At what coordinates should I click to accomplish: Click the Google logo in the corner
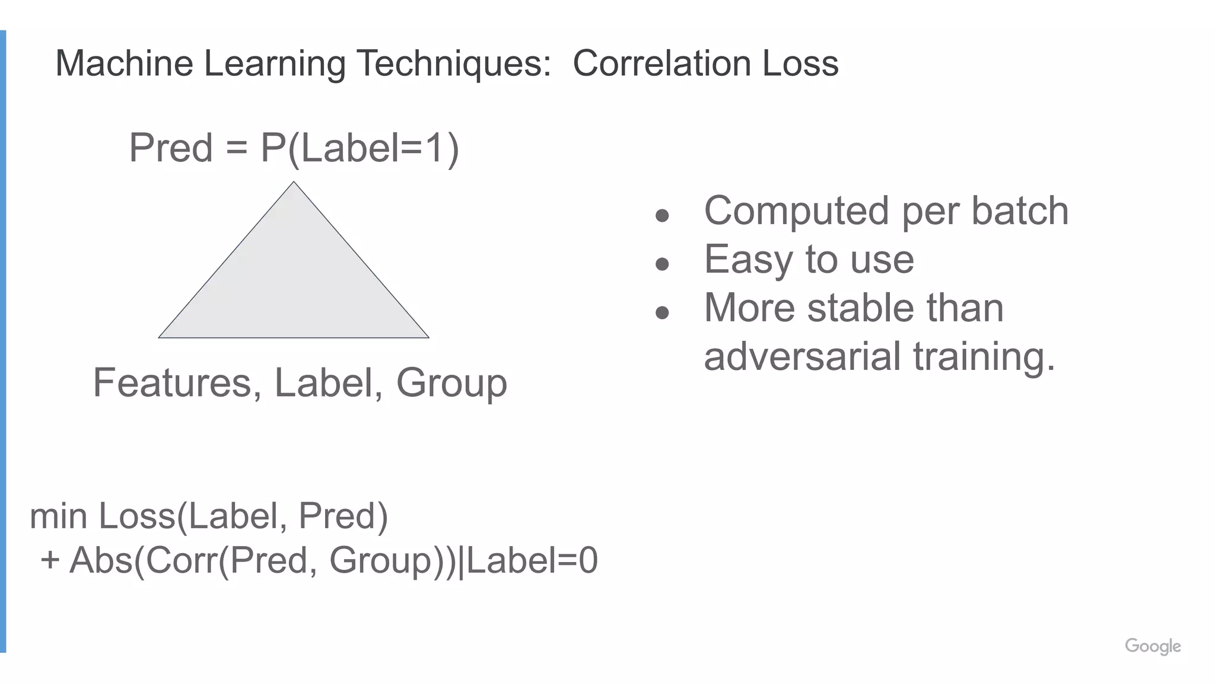pyautogui.click(x=1153, y=646)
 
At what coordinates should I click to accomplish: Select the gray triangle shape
pyautogui.click(x=294, y=285)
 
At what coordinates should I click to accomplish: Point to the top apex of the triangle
pyautogui.click(x=294, y=183)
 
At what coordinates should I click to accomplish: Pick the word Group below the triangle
pyautogui.click(x=451, y=384)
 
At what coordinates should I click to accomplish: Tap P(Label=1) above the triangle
pyautogui.click(x=360, y=148)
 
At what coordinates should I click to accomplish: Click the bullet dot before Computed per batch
pyautogui.click(x=662, y=215)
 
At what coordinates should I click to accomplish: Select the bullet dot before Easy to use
pyautogui.click(x=662, y=264)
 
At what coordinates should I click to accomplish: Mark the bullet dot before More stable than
pyautogui.click(x=662, y=312)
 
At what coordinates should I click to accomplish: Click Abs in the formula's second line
pyautogui.click(x=100, y=560)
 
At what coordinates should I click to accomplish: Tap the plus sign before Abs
pyautogui.click(x=50, y=560)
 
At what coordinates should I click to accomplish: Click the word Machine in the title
pyautogui.click(x=124, y=63)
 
